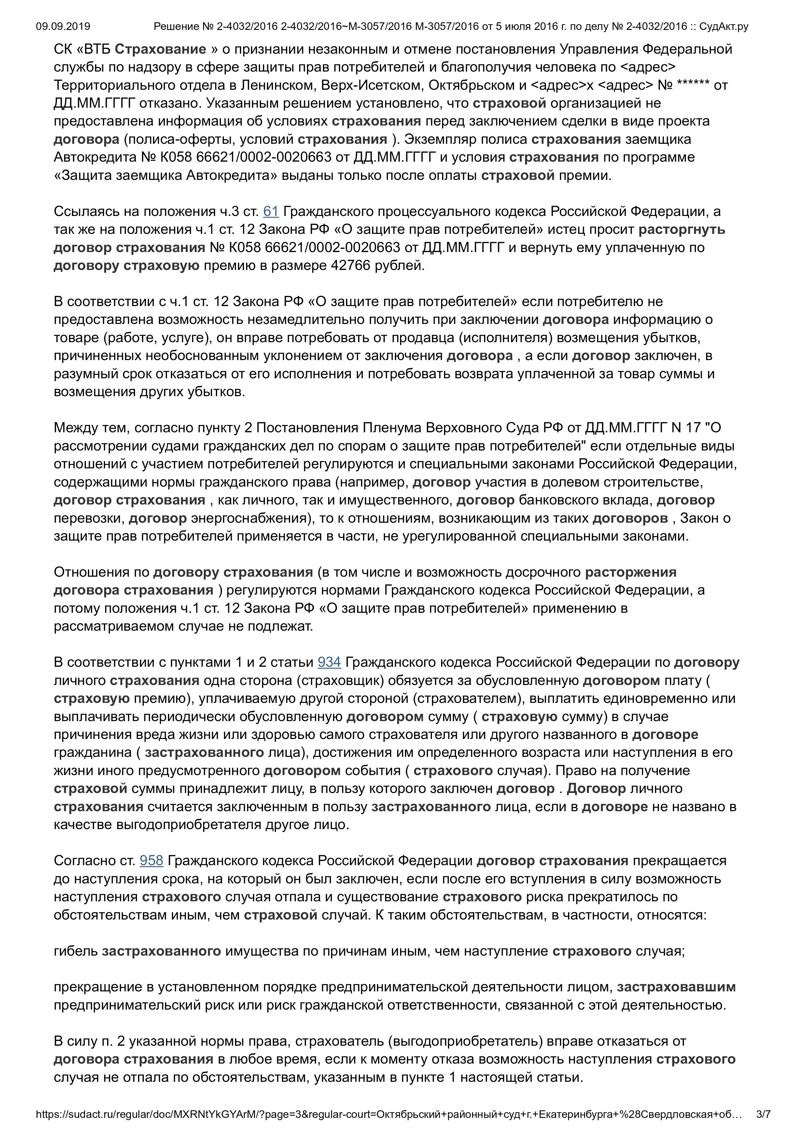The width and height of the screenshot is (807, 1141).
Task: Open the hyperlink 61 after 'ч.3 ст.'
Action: tap(271, 212)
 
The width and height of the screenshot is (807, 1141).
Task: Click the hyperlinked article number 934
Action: tap(329, 663)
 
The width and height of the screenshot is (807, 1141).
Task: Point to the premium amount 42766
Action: tap(351, 266)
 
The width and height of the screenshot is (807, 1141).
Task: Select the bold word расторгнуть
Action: tap(682, 230)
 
